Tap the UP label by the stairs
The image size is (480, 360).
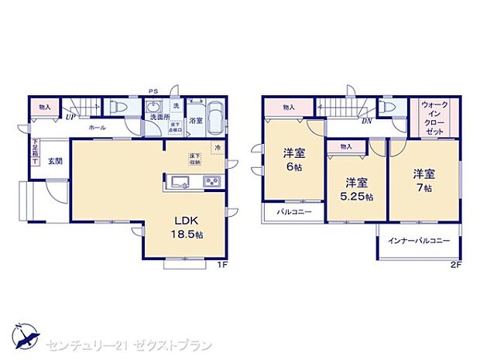pos(70,118)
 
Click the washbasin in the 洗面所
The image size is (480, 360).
pos(153,106)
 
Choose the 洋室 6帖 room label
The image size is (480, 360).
pos(292,159)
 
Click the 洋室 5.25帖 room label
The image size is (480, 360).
pos(355,190)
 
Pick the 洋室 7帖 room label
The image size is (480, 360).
pos(423,180)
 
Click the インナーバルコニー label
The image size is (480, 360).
pos(419,242)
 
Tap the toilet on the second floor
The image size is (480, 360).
pos(386,108)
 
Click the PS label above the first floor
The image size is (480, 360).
pos(154,90)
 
